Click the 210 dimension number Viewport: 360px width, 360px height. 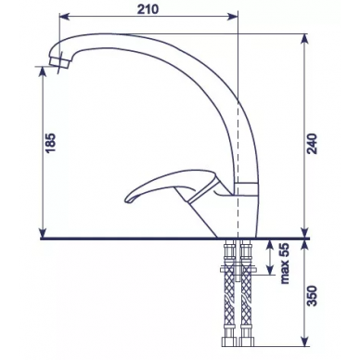(x=148, y=9)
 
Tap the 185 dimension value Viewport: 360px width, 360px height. (x=51, y=143)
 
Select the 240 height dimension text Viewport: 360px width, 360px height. (x=314, y=144)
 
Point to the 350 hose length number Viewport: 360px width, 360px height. (x=314, y=296)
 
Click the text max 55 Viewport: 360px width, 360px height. (x=285, y=264)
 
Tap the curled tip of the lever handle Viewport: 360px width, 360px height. (x=129, y=198)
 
